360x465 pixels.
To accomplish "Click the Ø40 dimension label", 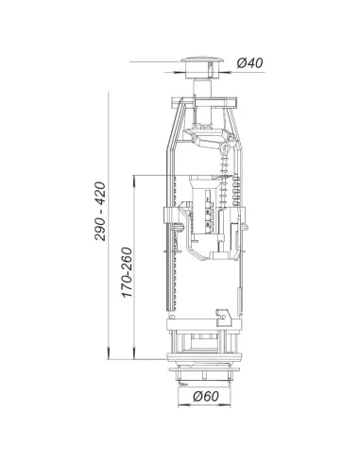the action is [x=249, y=63].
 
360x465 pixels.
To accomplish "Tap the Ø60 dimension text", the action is [x=206, y=396].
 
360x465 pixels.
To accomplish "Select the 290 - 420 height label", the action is [x=100, y=212].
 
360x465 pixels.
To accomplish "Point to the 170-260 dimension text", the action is [x=127, y=272].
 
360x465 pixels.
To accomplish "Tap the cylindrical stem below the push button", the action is [x=202, y=88].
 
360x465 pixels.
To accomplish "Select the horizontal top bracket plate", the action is [x=204, y=103].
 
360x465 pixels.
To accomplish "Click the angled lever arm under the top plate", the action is [x=208, y=138].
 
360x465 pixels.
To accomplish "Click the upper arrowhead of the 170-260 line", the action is [x=134, y=181].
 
